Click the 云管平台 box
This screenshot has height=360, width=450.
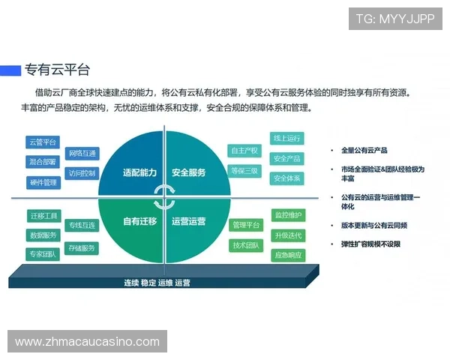click(x=43, y=142)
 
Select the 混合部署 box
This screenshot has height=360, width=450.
click(x=43, y=161)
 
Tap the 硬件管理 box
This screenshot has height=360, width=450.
click(x=43, y=181)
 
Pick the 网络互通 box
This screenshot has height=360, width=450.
click(x=82, y=154)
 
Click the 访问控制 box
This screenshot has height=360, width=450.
click(x=82, y=173)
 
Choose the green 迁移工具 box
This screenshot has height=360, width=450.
click(x=43, y=215)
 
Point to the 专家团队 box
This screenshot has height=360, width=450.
click(x=43, y=254)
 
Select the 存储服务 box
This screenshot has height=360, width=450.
click(x=82, y=247)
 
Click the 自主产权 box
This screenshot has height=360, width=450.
click(x=244, y=151)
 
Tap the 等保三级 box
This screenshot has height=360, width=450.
click(x=244, y=171)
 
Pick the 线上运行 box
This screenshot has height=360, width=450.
click(x=286, y=139)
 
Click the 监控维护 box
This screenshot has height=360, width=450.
click(x=288, y=215)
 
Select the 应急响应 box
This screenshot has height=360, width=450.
click(x=288, y=255)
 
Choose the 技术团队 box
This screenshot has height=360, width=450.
click(x=245, y=245)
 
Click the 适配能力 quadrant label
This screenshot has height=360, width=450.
click(x=139, y=172)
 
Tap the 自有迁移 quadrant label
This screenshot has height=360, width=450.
click(x=139, y=221)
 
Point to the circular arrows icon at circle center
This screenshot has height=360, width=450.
click(x=163, y=197)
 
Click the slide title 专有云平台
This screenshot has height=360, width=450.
click(x=57, y=70)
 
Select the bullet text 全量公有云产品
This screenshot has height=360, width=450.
click(x=364, y=150)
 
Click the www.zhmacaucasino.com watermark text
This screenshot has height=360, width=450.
click(x=87, y=342)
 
